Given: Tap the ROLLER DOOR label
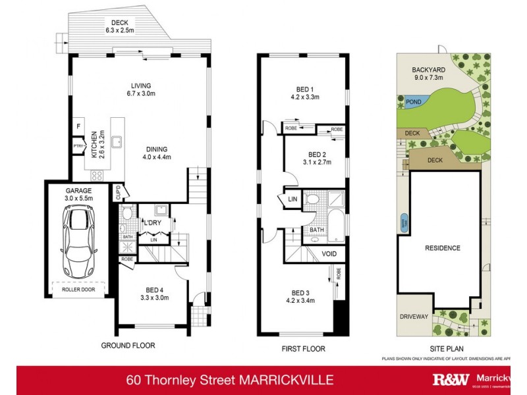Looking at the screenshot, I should [78, 289].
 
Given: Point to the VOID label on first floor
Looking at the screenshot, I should [329, 253].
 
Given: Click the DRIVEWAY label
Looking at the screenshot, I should [414, 317].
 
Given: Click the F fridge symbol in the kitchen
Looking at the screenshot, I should [78, 126].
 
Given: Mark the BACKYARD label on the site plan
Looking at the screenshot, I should [428, 68].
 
